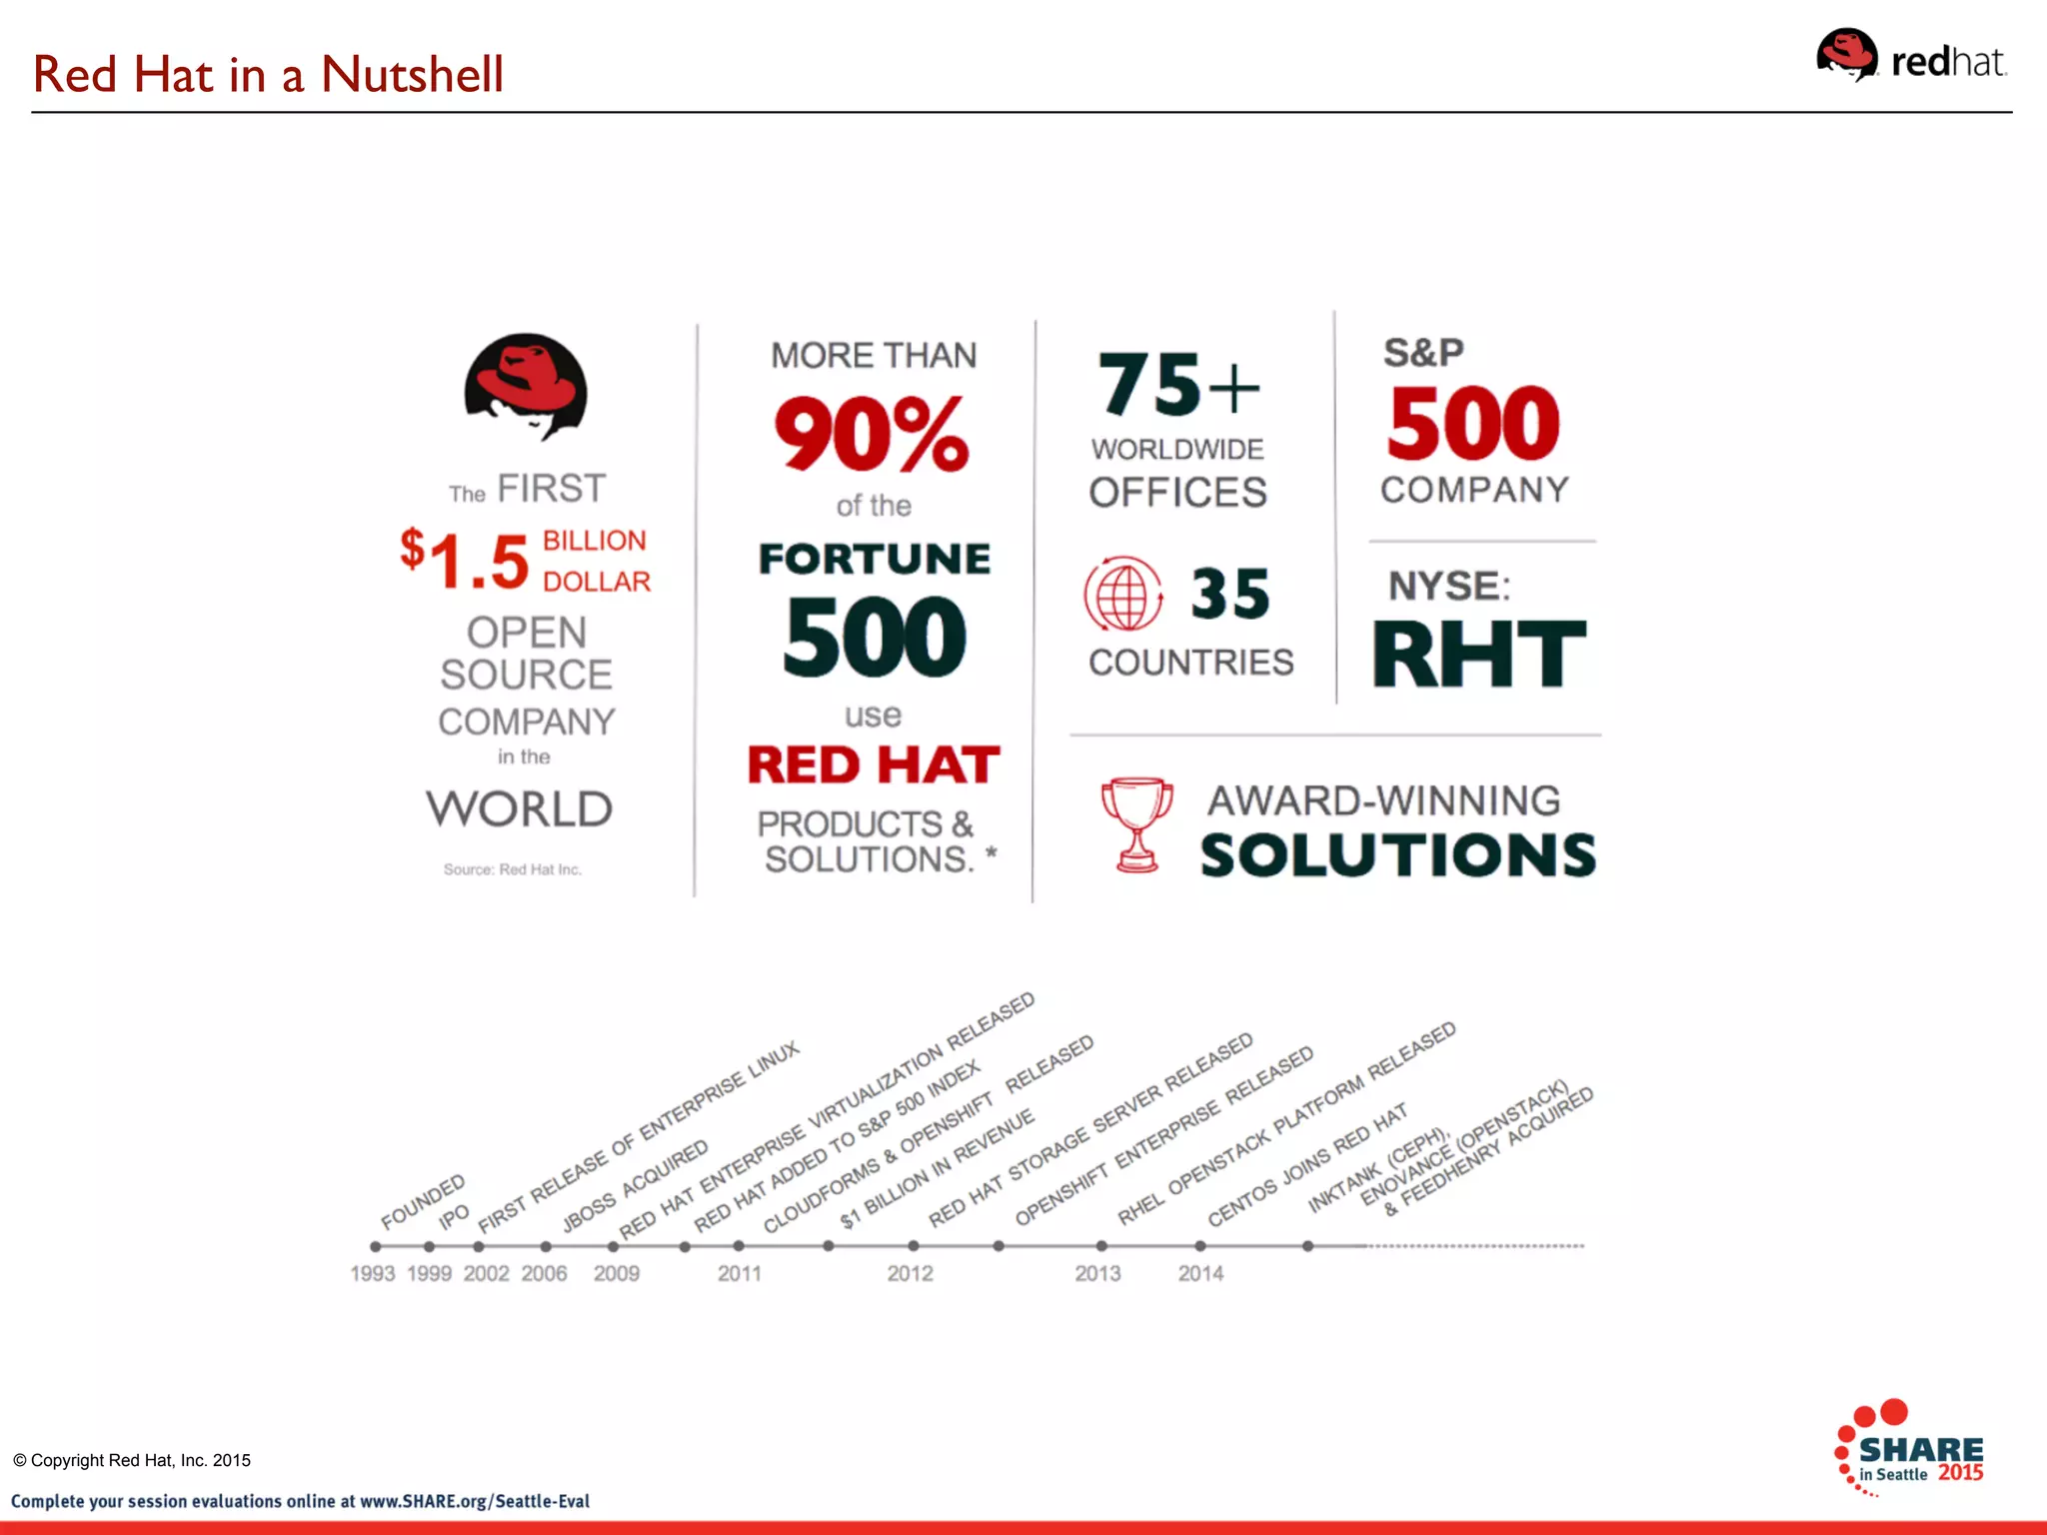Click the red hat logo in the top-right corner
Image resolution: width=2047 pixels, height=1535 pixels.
pos(1909,57)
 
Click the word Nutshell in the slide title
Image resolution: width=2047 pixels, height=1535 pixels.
pos(412,75)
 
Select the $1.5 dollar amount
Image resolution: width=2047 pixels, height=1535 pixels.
pos(466,560)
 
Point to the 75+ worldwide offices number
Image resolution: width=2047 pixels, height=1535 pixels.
pos(1178,385)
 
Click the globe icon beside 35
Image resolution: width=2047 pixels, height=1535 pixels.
pos(1123,594)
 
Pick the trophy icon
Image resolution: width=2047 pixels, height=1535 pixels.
pos(1136,824)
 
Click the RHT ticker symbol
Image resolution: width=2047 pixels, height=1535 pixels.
pos(1478,655)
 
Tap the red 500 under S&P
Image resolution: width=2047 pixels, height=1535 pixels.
pos(1473,424)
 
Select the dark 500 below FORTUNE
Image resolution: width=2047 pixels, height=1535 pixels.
pos(875,637)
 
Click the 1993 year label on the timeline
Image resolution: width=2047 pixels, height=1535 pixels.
pos(373,1274)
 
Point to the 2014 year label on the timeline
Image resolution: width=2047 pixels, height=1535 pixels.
pos(1200,1274)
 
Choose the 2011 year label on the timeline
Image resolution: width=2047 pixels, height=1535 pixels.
pos(740,1274)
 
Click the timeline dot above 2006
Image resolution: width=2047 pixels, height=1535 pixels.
pos(546,1246)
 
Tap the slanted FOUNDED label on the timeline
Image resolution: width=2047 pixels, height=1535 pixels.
pos(423,1202)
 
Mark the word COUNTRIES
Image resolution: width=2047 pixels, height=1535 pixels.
pos(1190,663)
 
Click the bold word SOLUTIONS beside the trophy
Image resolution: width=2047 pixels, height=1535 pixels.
pos(1397,855)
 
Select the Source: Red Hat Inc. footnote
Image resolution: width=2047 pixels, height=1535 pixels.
pos(512,869)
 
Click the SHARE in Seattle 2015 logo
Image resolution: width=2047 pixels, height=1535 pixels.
pos(1909,1449)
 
